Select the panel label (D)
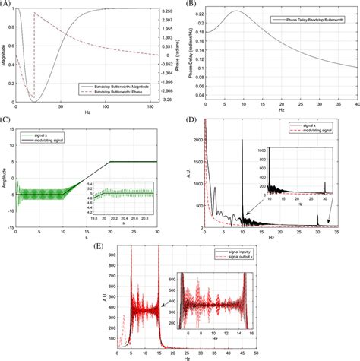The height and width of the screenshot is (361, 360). coord(191,120)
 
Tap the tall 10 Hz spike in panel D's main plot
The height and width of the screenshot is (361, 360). coord(243,141)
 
